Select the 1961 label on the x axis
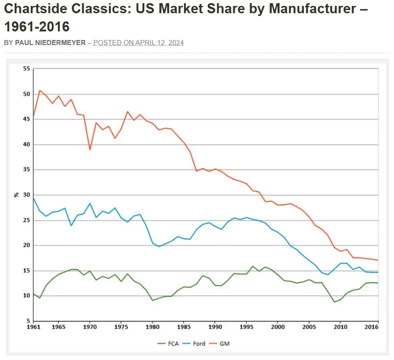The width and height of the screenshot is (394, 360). coord(34,327)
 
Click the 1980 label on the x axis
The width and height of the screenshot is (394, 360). coord(152,327)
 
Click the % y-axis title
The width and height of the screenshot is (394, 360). coord(16,195)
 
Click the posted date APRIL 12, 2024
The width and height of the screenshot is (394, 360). coord(159,43)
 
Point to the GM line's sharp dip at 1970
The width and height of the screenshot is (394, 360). coord(90,150)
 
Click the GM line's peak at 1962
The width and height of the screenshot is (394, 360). coord(40,90)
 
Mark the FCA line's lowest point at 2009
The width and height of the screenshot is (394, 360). coord(335,301)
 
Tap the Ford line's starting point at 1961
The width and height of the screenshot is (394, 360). coord(34,198)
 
